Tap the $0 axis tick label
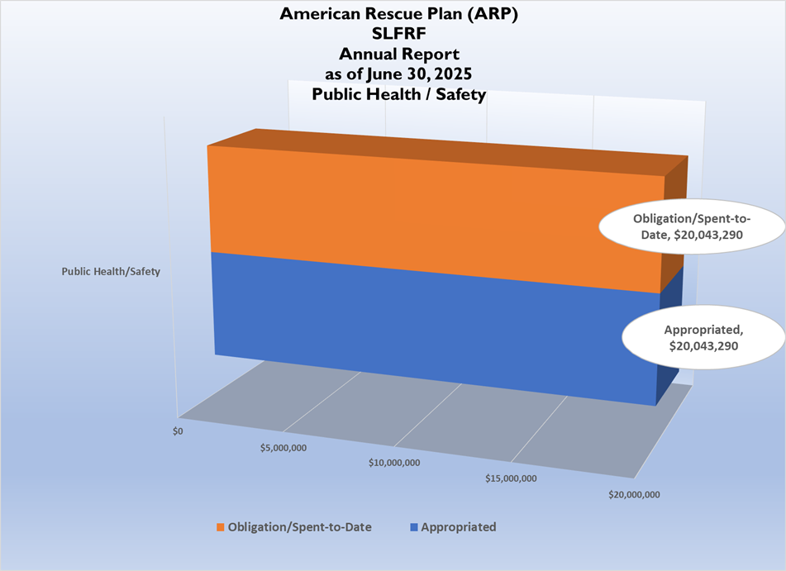[x=178, y=431]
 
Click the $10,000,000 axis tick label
[x=394, y=462]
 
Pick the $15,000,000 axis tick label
[x=512, y=478]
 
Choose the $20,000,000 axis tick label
[x=633, y=495]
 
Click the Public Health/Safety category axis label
[x=110, y=270]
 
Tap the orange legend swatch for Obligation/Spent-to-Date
[x=221, y=527]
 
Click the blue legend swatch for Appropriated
[x=413, y=527]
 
